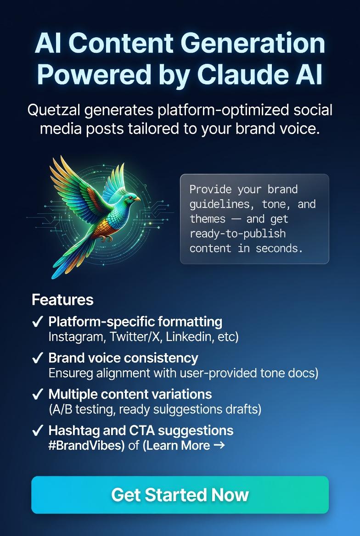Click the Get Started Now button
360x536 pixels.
[x=180, y=495]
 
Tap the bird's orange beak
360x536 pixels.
[x=137, y=199]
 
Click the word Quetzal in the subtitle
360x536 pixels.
[x=55, y=111]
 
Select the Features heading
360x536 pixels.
[x=62, y=300]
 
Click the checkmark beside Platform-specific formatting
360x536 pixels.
[x=38, y=322]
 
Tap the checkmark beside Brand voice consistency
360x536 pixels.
[x=38, y=358]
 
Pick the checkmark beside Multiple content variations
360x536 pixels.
[x=38, y=394]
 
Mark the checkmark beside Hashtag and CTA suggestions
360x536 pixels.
[x=38, y=430]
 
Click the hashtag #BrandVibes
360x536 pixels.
[x=86, y=445]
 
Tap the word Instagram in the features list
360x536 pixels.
[x=76, y=336]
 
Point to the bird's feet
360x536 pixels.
[x=107, y=239]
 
